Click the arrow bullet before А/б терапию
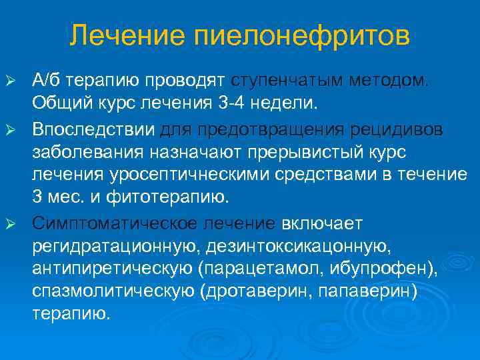(10, 81)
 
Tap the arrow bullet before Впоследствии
(10, 128)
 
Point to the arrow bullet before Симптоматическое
(10, 222)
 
